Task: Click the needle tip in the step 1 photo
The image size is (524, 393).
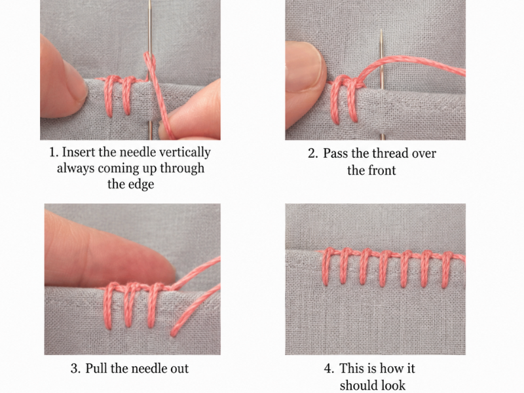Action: click(150, 1)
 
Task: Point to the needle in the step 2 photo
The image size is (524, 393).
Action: click(381, 84)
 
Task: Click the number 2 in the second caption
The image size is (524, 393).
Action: click(312, 154)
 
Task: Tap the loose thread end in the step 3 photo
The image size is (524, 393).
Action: click(173, 333)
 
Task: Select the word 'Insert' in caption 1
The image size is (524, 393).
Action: click(79, 153)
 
